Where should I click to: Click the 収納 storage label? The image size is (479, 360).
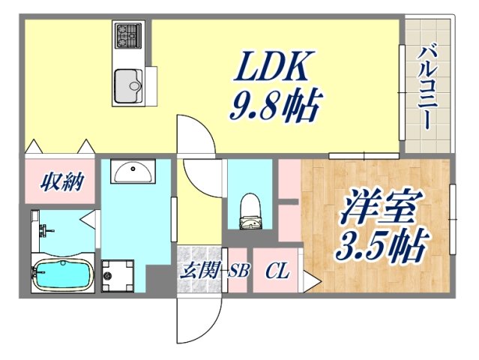click(x=61, y=181)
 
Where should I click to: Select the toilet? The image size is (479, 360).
click(x=250, y=212)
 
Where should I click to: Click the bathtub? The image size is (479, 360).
click(x=63, y=274)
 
